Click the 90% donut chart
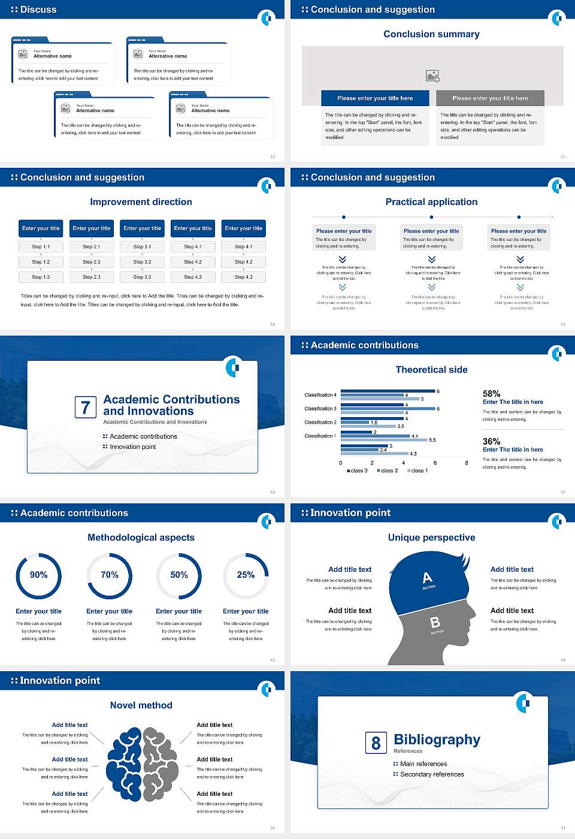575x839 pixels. click(x=38, y=575)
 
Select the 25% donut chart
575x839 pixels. click(x=246, y=575)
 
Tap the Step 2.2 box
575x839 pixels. click(x=91, y=262)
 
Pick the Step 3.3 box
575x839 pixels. click(x=142, y=277)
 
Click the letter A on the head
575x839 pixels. click(x=427, y=578)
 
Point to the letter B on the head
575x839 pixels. click(x=435, y=623)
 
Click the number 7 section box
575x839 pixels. click(x=85, y=408)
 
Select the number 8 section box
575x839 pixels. click(x=376, y=743)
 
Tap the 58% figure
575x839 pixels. click(x=491, y=394)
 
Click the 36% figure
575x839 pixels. click(x=491, y=441)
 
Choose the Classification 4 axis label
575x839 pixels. click(x=320, y=395)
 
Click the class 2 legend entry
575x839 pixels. click(x=388, y=471)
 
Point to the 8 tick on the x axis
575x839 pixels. click(x=467, y=463)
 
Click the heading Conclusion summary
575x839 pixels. click(x=431, y=34)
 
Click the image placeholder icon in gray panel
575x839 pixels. click(x=432, y=76)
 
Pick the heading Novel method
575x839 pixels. click(x=141, y=705)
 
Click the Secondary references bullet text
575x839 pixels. click(x=432, y=774)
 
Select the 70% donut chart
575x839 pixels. click(x=109, y=575)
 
